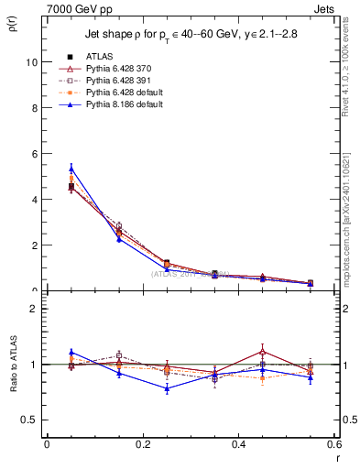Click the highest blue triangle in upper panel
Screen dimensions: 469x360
[x=71, y=168]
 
